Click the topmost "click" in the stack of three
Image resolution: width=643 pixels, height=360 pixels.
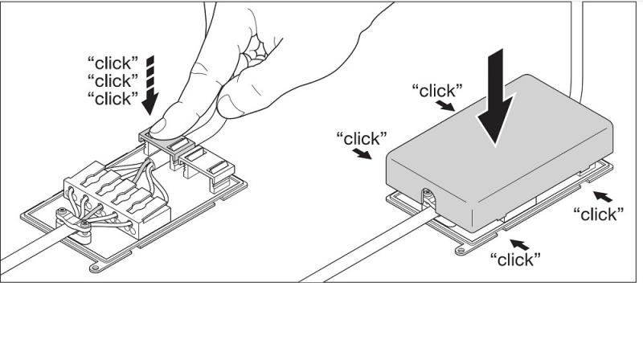[x=113, y=61]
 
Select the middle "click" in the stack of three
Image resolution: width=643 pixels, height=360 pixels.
[x=113, y=80]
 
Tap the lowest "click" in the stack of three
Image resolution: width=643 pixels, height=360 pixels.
[x=113, y=98]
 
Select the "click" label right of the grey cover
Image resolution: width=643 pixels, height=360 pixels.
[x=598, y=214]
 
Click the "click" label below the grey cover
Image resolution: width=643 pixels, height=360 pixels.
[x=514, y=259]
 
